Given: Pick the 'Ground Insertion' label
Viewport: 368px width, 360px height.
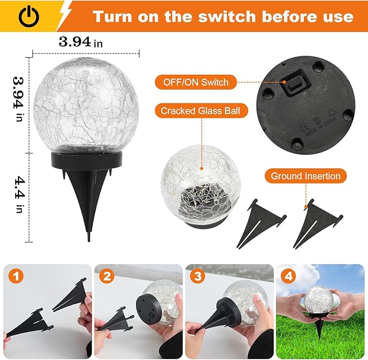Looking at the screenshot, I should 306,175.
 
